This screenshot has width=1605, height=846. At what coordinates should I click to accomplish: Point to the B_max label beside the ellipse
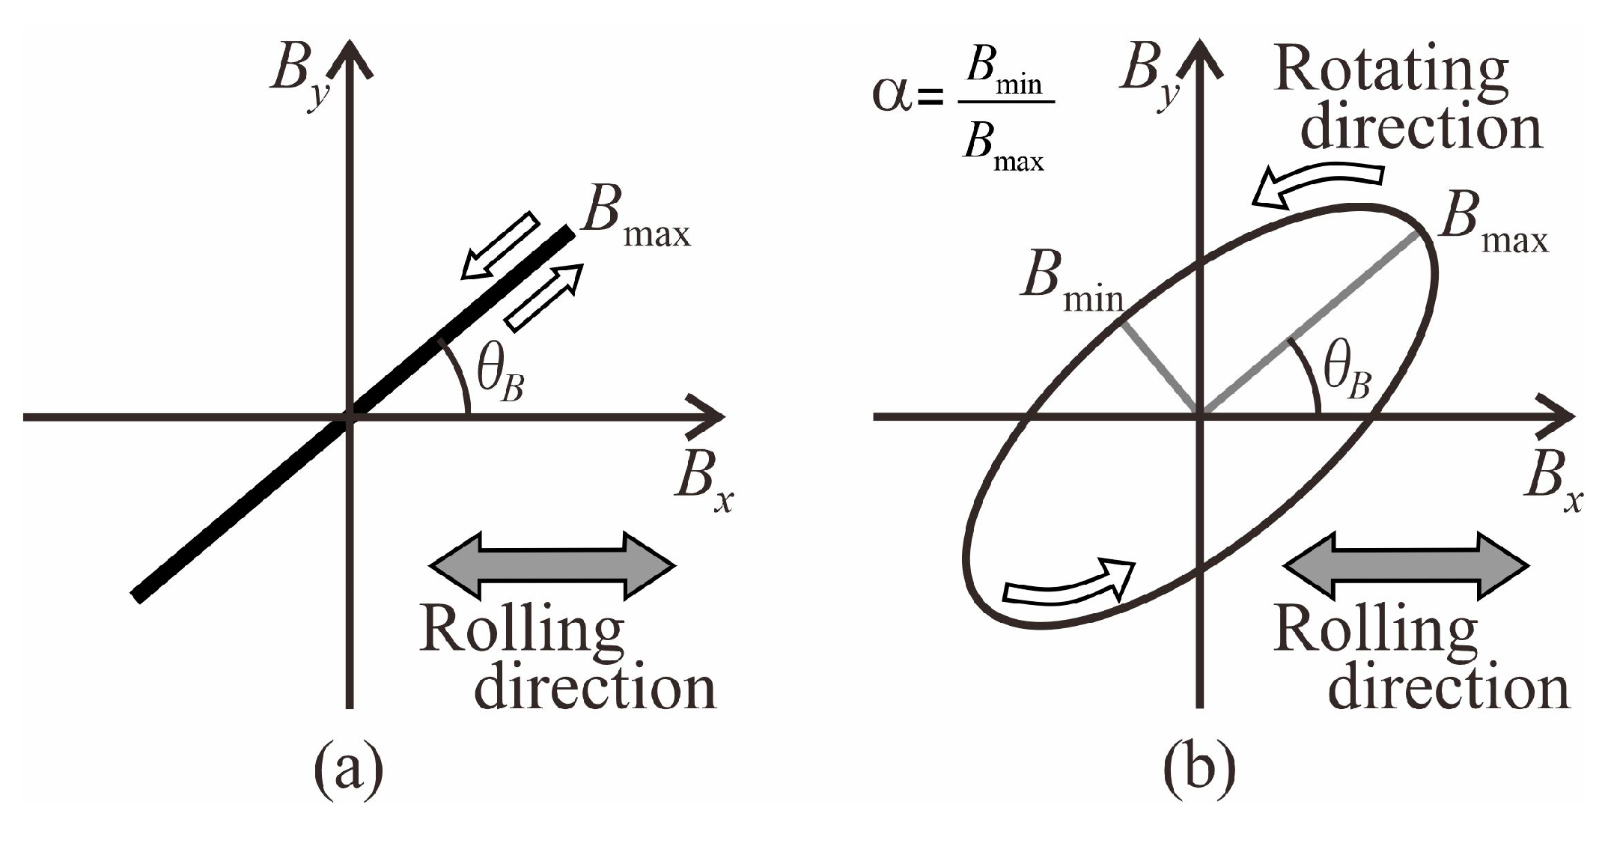click(1492, 225)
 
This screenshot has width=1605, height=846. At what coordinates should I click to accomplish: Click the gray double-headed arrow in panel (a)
click(552, 566)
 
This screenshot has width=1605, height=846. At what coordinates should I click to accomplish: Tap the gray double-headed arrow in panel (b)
click(1405, 566)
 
